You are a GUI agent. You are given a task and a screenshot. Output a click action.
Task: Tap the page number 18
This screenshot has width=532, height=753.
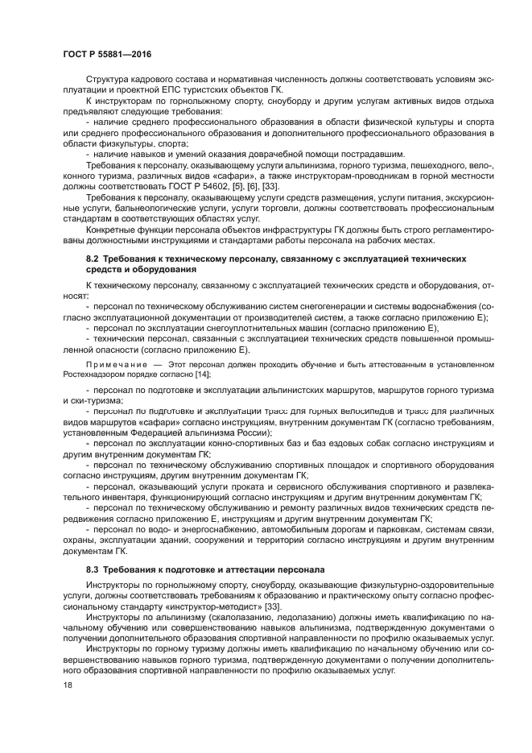click(x=68, y=685)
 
